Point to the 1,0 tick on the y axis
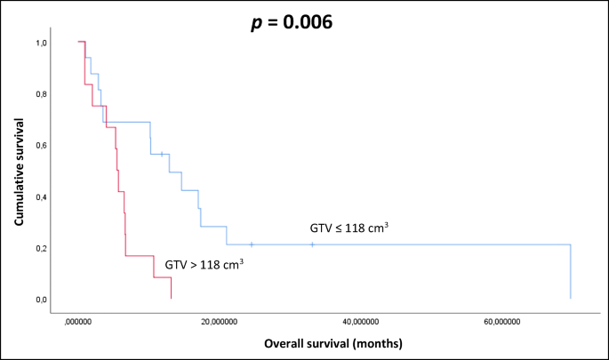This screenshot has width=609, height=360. (x=42, y=43)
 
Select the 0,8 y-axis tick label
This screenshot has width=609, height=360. (x=42, y=94)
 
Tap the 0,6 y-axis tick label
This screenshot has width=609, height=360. (x=42, y=146)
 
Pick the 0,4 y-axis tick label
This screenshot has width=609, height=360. (x=42, y=197)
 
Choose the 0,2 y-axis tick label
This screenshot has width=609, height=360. (x=42, y=249)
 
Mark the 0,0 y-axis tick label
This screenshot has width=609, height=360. (x=42, y=300)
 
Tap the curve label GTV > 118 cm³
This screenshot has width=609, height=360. (x=204, y=264)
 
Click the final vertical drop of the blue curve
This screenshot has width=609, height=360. (x=570, y=271)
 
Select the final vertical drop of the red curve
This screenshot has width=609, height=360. (x=171, y=288)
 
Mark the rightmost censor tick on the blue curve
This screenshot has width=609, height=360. (x=312, y=244)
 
